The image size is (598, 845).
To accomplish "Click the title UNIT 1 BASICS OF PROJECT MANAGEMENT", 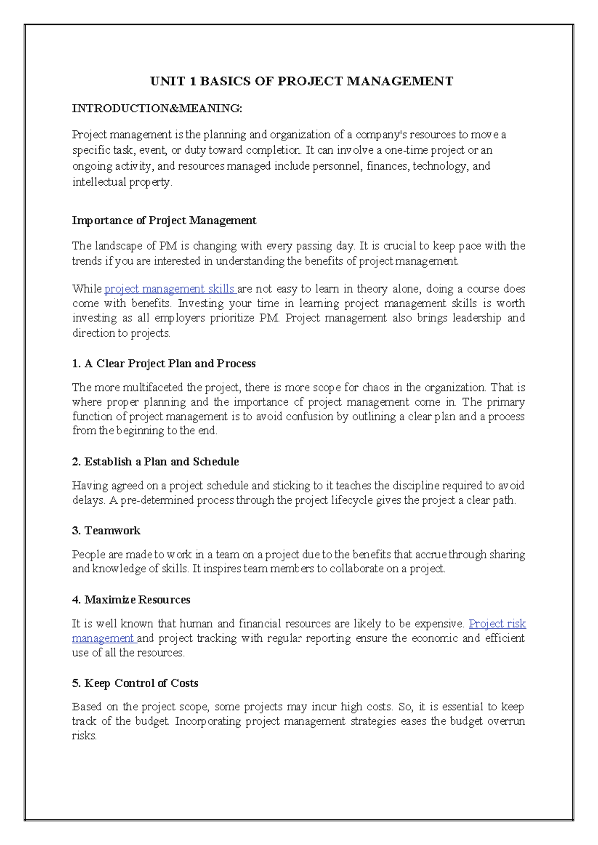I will tap(302, 81).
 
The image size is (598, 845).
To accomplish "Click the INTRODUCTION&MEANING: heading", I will tap(157, 108).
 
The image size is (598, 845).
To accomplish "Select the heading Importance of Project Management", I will tap(164, 220).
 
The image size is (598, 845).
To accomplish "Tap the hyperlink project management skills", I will tap(169, 289).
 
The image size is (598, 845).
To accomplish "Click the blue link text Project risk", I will tap(497, 624).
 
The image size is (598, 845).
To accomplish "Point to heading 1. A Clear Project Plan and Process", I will tap(163, 364).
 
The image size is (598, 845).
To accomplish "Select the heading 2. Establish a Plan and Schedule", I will tap(155, 462).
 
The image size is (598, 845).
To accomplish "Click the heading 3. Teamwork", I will tap(106, 531).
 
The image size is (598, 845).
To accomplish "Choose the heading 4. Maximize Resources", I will tap(131, 600).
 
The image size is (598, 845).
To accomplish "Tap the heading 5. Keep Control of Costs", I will tap(135, 683).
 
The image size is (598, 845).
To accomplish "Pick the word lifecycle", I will tap(352, 500).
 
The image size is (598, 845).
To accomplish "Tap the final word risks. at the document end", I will tap(84, 736).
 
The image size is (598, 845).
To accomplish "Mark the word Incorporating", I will tap(208, 721).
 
